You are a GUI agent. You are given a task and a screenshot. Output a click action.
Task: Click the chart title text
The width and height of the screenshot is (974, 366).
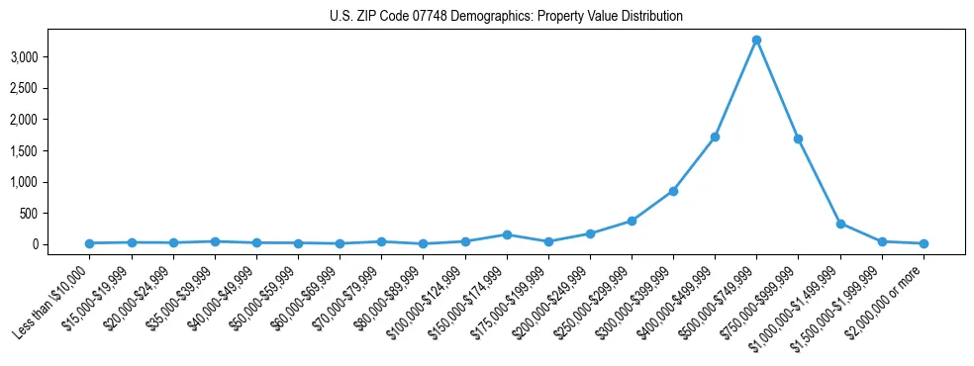506,16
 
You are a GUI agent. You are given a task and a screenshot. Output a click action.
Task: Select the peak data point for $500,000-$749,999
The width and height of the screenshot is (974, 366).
756,41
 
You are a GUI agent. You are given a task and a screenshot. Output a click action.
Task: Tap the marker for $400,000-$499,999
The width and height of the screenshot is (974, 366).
715,137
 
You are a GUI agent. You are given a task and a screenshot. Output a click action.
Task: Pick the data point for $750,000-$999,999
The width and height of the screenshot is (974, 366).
798,138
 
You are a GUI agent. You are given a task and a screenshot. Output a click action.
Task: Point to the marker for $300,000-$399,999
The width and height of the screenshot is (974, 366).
673,191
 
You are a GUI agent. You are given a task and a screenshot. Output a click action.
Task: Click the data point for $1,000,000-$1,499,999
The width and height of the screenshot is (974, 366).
840,224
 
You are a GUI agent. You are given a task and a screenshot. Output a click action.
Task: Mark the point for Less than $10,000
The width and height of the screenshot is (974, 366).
90,243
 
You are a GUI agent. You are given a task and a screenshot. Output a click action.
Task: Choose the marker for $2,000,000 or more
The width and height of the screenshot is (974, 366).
924,243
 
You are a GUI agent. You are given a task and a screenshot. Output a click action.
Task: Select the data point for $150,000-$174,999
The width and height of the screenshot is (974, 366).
507,234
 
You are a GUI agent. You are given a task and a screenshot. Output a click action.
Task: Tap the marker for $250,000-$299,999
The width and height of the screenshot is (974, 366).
632,221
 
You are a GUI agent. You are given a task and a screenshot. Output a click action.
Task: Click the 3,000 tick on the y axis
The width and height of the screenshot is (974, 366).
23,57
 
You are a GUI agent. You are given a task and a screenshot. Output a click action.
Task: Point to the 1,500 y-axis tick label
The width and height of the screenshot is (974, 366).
23,151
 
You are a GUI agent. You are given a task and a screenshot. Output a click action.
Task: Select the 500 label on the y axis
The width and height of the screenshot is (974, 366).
28,214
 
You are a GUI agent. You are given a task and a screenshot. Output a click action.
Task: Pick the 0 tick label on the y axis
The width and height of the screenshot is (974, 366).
34,244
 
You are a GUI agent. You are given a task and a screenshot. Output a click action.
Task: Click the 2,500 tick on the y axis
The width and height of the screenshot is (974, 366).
23,89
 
